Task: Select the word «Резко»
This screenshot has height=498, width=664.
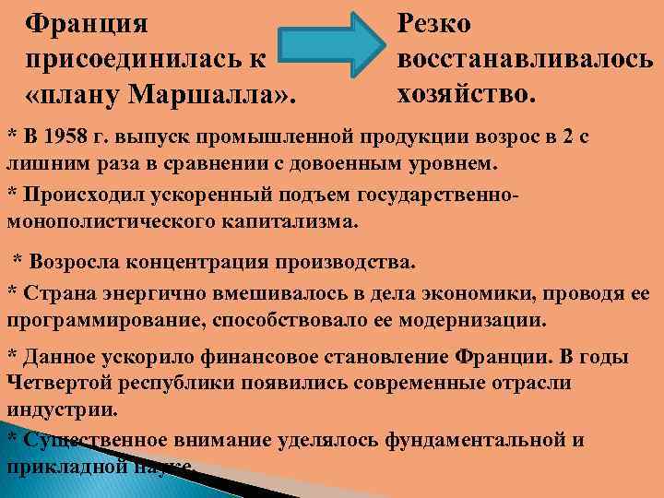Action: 434,22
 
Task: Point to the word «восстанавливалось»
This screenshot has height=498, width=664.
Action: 526,57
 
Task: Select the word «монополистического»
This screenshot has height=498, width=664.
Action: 105,222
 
